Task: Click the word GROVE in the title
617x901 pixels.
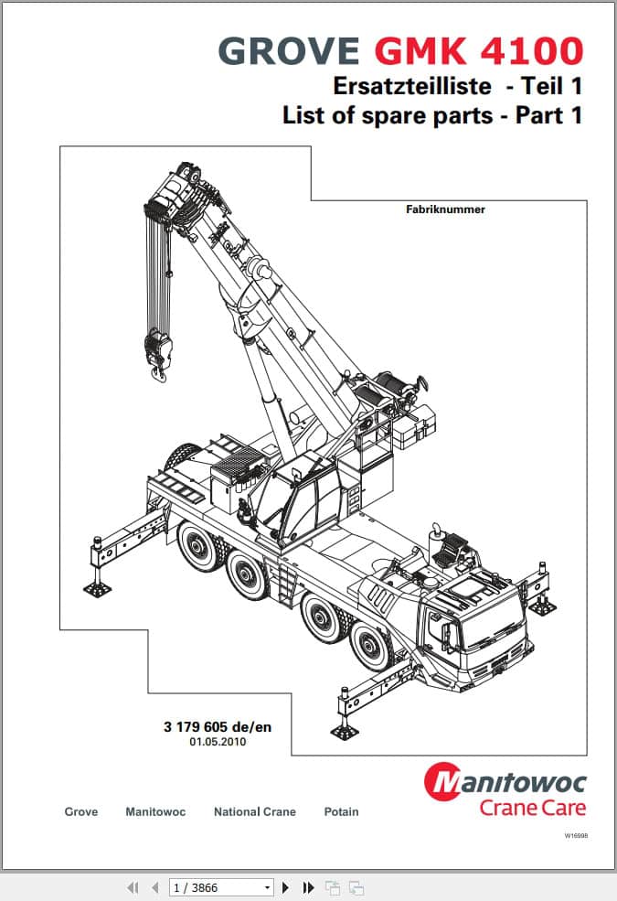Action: (x=289, y=50)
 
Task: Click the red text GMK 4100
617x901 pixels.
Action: (x=479, y=50)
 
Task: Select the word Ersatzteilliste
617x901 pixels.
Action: (x=412, y=86)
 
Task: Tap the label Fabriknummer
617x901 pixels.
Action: (x=445, y=209)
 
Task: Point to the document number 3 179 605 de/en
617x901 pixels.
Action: (x=218, y=727)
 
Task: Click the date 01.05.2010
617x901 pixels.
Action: (x=218, y=742)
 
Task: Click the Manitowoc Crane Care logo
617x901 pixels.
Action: (x=505, y=789)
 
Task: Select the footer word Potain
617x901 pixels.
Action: (x=342, y=812)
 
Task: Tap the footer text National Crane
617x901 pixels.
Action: (x=255, y=812)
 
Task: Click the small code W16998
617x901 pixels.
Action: (x=576, y=835)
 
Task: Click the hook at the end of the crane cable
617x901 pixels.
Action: (x=158, y=374)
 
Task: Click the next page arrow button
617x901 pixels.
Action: (x=285, y=887)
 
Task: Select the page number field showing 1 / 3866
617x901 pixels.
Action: (x=221, y=887)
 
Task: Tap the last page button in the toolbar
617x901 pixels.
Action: (x=308, y=887)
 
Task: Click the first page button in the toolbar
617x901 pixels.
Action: (x=133, y=887)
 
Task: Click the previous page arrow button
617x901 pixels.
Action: (x=155, y=887)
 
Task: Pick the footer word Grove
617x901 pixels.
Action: (x=81, y=812)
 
